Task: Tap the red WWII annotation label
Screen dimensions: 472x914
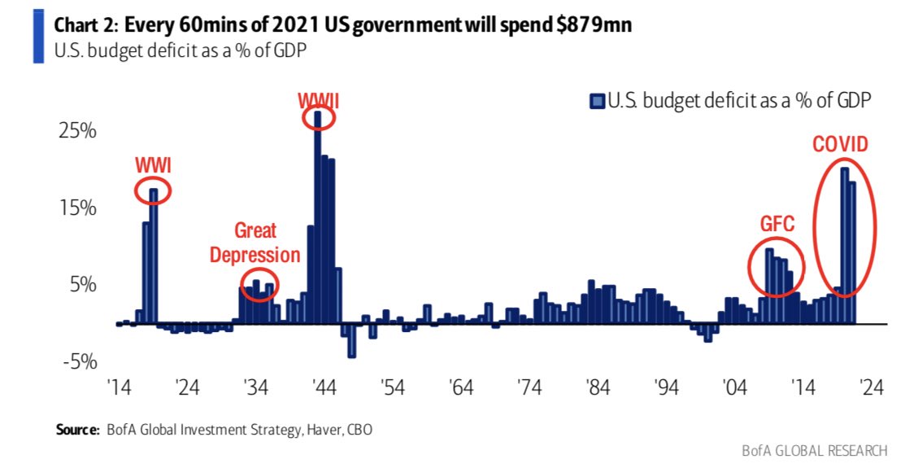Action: click(318, 100)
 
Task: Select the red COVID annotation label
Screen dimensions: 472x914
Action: click(840, 145)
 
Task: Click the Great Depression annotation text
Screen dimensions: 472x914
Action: click(255, 243)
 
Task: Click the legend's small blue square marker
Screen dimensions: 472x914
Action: click(597, 101)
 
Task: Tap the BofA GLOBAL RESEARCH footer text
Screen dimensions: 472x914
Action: click(814, 450)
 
